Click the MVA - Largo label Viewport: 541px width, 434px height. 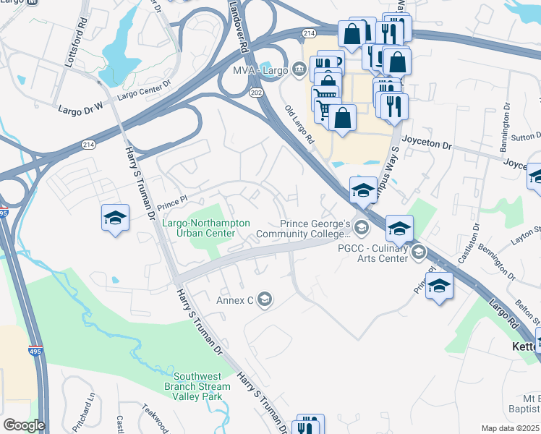point(260,71)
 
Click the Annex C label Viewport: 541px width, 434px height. point(235,299)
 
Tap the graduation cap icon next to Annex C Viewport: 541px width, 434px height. point(264,299)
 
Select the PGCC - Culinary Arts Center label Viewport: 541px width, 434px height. point(373,252)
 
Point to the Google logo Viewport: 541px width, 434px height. point(24,425)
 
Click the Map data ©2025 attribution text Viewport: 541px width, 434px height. point(510,428)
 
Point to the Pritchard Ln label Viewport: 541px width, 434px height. point(90,409)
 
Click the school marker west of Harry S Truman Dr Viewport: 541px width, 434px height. point(115,218)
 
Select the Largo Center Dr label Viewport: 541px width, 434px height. point(144,90)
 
